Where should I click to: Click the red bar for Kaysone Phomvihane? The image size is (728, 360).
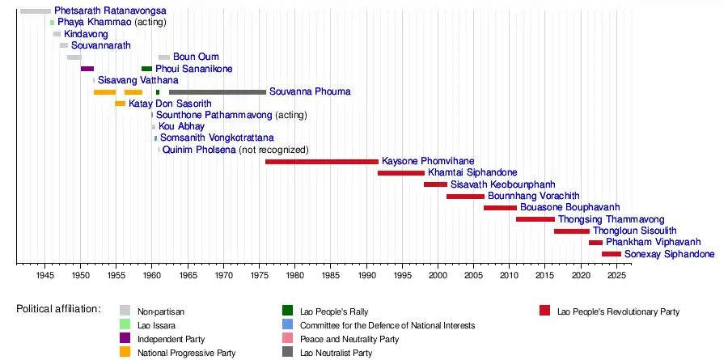click(321, 162)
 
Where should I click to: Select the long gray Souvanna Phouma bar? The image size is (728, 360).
click(217, 92)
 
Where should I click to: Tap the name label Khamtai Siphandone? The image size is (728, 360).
click(472, 173)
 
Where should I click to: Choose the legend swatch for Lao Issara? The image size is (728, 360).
click(125, 325)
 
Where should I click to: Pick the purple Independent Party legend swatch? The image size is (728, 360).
click(125, 339)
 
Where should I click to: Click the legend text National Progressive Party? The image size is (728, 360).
click(187, 353)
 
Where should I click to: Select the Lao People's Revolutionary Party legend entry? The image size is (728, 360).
click(618, 311)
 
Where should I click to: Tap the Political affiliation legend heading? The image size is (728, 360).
click(58, 309)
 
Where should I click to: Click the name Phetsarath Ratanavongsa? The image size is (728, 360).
click(111, 11)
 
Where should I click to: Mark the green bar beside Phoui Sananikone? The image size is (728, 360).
click(146, 69)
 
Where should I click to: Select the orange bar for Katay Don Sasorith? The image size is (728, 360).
click(120, 104)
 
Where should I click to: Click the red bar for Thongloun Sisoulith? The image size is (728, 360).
click(571, 231)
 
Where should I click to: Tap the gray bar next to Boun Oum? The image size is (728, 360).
click(164, 57)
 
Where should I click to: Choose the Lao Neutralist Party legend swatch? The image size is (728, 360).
click(287, 353)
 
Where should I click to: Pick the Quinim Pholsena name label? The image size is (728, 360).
click(199, 150)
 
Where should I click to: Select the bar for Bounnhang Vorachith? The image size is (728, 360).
click(465, 197)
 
